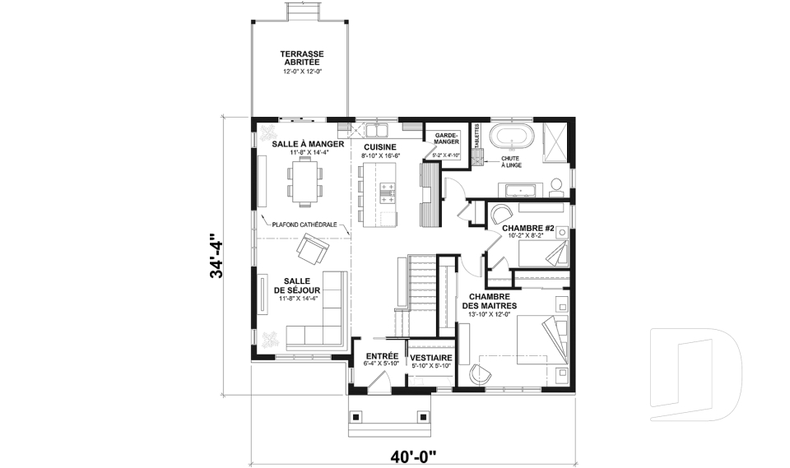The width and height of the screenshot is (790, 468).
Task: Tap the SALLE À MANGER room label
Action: point(302,144)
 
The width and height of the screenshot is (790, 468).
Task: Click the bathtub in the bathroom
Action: point(513,136)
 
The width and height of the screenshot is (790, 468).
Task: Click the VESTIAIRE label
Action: point(431,359)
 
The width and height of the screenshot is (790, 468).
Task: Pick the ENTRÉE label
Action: point(382,356)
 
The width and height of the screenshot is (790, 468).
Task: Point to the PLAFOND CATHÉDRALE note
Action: point(304,224)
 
